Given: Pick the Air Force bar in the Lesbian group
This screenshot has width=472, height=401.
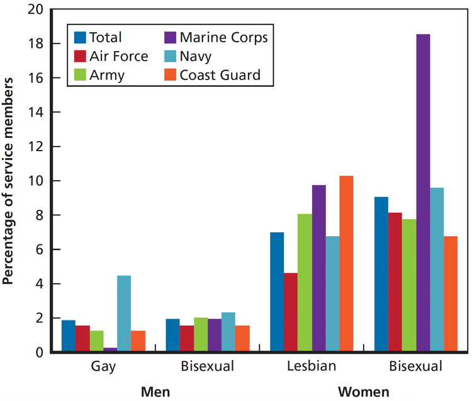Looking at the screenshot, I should tap(291, 312).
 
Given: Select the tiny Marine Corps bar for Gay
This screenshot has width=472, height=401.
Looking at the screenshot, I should tap(110, 349).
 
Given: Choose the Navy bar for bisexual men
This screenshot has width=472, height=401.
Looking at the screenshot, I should tap(228, 332).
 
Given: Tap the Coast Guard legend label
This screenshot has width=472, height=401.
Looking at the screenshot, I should tap(219, 76).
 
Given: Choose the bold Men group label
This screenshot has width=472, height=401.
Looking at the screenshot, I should tap(155, 392).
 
